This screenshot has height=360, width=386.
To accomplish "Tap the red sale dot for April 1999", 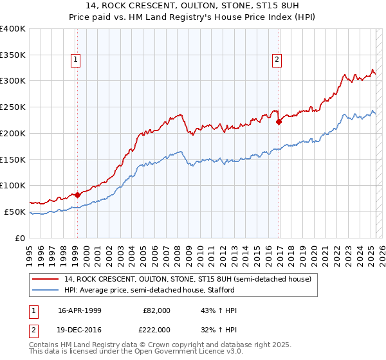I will tap(77, 195).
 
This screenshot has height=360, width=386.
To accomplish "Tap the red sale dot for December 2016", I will tap(279, 121).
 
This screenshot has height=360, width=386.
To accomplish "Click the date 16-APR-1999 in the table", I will tap(81, 310).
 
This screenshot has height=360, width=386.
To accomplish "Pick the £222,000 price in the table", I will tap(157, 329).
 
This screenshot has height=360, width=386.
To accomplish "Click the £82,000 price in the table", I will tap(157, 310).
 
